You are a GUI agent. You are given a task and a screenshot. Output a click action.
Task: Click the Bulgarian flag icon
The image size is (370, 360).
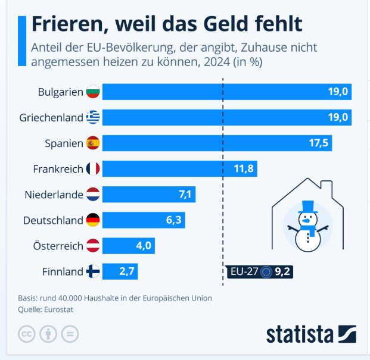92,92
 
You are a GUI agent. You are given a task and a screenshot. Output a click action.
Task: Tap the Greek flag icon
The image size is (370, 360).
92,118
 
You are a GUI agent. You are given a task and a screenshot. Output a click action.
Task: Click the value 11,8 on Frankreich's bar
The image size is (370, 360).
244,169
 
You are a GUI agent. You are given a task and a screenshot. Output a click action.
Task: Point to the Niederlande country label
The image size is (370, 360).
54,195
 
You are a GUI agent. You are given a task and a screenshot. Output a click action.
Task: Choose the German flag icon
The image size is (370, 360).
92,220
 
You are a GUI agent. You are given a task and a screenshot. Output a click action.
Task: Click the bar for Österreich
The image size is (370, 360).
128,246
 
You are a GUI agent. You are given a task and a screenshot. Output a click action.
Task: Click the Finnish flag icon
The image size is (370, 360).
92,272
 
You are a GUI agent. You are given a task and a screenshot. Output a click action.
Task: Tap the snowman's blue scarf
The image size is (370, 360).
307,228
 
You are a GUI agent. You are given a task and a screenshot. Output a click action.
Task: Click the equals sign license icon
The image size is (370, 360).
70,333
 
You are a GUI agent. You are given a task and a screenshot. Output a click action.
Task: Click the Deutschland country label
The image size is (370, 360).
53,220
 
